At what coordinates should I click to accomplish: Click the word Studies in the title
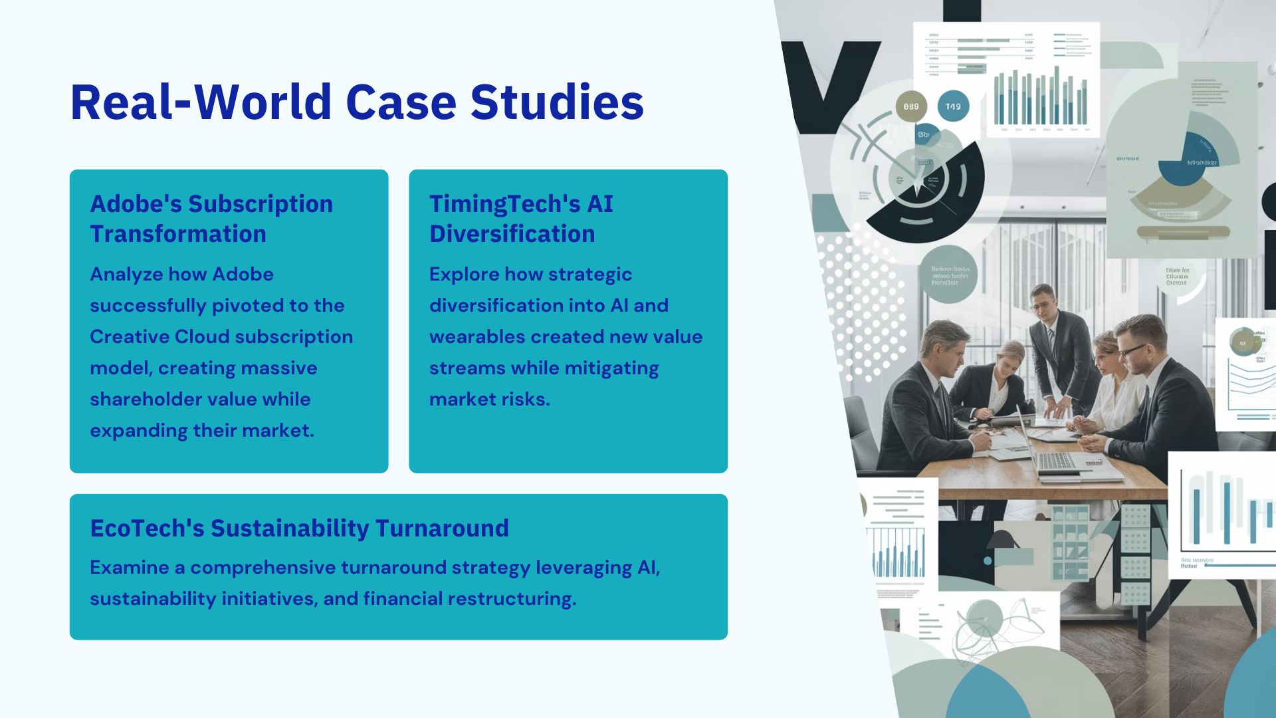tap(557, 102)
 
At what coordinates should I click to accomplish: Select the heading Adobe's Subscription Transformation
tap(211, 219)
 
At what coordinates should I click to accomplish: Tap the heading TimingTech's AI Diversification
tap(521, 219)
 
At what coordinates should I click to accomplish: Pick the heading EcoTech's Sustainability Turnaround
tap(299, 529)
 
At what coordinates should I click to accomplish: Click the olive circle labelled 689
tap(911, 106)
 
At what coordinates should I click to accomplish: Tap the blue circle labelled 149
tap(953, 106)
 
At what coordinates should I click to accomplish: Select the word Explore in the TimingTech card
tap(464, 275)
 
